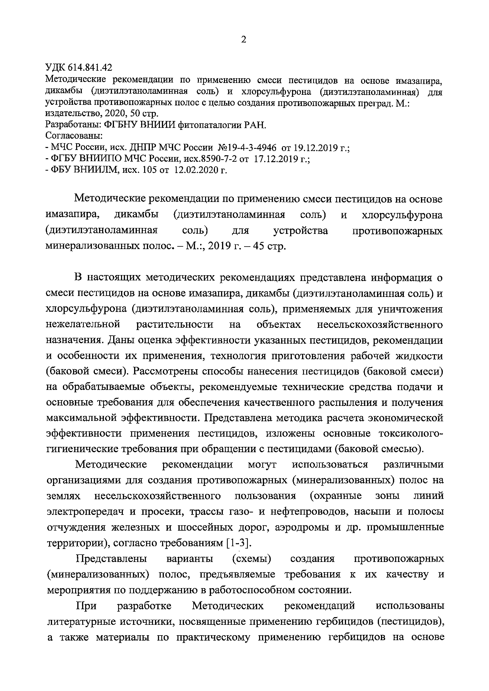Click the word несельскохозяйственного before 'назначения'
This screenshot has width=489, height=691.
(380, 325)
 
